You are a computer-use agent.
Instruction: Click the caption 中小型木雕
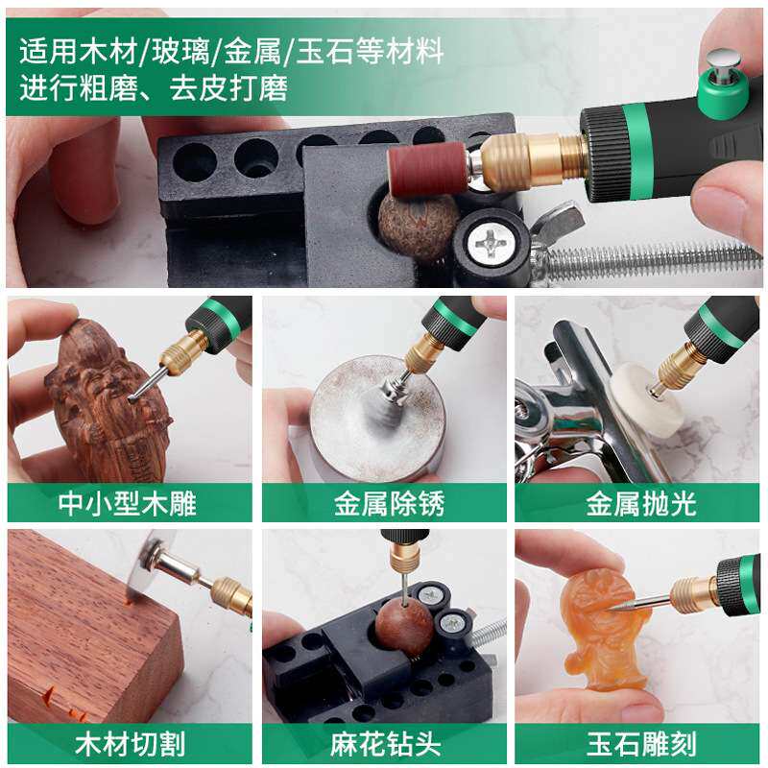coord(130,503)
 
